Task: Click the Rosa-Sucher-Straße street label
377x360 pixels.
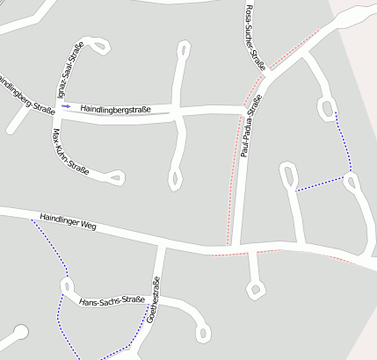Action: [x=253, y=35]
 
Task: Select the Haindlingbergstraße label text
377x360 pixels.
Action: [x=116, y=110]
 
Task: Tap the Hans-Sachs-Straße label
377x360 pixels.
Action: [x=112, y=301]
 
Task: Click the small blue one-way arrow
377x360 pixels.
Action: [x=66, y=106]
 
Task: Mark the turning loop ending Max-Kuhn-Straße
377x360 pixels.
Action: [x=115, y=178]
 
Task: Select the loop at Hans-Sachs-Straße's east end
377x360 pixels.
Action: [x=204, y=334]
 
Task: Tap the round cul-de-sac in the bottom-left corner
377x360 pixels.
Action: [x=18, y=332]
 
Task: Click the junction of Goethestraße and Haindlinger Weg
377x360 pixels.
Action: [x=161, y=244]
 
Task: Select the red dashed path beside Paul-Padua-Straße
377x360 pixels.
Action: [x=234, y=167]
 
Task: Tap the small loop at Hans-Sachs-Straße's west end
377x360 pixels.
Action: [x=65, y=285]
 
